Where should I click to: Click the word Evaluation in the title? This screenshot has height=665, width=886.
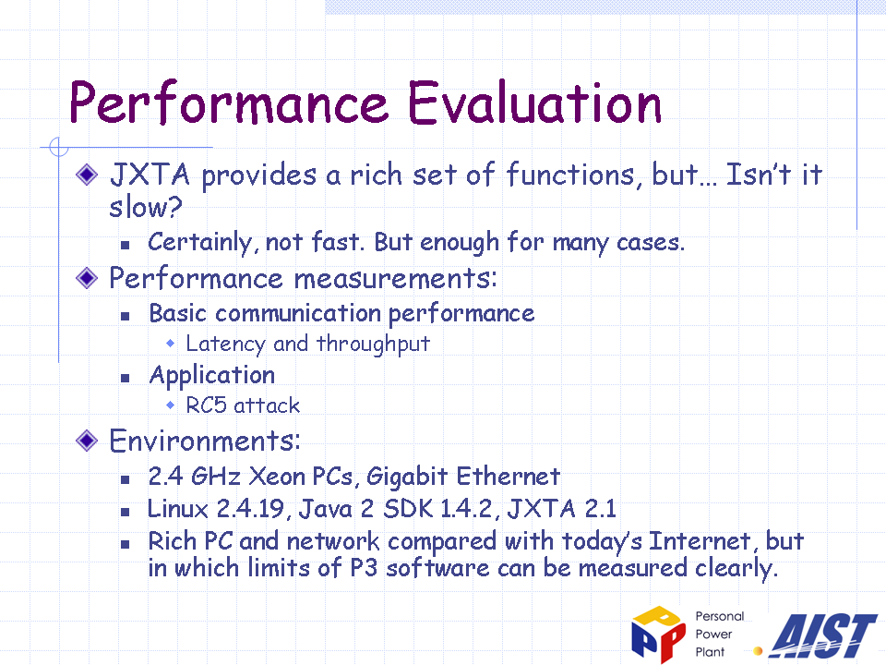pyautogui.click(x=534, y=103)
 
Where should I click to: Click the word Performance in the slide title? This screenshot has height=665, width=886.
pyautogui.click(x=229, y=103)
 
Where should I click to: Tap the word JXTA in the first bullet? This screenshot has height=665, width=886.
pyautogui.click(x=150, y=175)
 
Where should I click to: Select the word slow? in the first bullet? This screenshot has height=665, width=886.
pyautogui.click(x=146, y=207)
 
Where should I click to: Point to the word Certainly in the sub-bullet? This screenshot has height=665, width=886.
pyautogui.click(x=200, y=243)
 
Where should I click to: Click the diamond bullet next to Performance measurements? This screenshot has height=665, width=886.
pyautogui.click(x=87, y=278)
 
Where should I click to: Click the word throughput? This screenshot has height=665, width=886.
pyautogui.click(x=373, y=345)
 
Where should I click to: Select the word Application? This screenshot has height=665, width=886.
pyautogui.click(x=212, y=376)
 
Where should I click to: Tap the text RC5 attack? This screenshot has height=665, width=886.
pyautogui.click(x=243, y=405)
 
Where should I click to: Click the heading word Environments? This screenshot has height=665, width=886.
pyautogui.click(x=205, y=441)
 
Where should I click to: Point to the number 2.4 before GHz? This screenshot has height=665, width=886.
pyautogui.click(x=165, y=477)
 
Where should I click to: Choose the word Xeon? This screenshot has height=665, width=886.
pyautogui.click(x=277, y=477)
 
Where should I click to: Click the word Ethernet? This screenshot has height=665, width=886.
pyautogui.click(x=508, y=477)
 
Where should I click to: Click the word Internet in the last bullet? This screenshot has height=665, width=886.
pyautogui.click(x=700, y=541)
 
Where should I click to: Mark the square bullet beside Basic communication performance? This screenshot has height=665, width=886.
pyautogui.click(x=126, y=316)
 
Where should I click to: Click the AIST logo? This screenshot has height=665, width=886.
pyautogui.click(x=824, y=635)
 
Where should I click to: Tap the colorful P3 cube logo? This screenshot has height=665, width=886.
pyautogui.click(x=658, y=634)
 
